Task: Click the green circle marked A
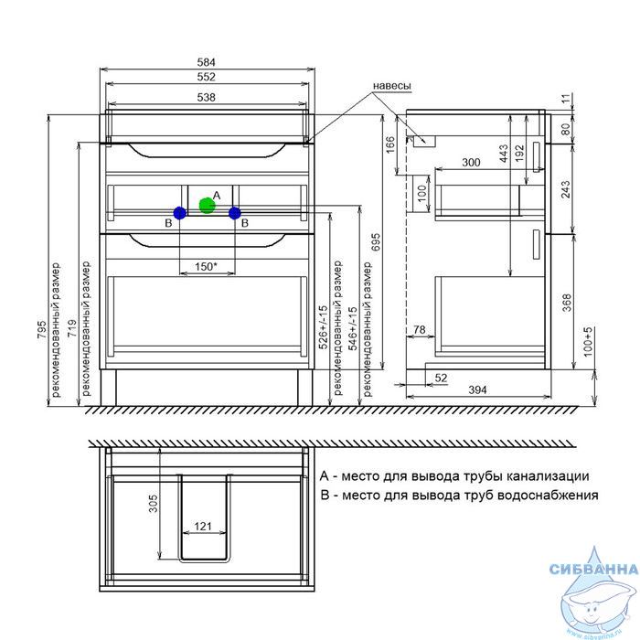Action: point(207,206)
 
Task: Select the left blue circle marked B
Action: point(179,213)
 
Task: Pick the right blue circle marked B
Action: point(235,213)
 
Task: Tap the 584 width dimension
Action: point(206,62)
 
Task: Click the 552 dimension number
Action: point(206,77)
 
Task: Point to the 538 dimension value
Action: point(206,97)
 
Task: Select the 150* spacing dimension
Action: point(206,267)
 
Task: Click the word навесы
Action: point(392,86)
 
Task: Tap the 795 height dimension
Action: point(42,329)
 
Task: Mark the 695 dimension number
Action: point(376,242)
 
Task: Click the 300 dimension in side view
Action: point(471,162)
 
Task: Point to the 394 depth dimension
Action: point(477,389)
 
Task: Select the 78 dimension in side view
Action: point(419,329)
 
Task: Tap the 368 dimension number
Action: point(567,303)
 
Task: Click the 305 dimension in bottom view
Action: point(153,503)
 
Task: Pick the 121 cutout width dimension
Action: point(203,526)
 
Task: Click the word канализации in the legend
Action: point(547,476)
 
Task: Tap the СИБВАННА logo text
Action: point(594,569)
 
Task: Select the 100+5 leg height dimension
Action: point(588,342)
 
